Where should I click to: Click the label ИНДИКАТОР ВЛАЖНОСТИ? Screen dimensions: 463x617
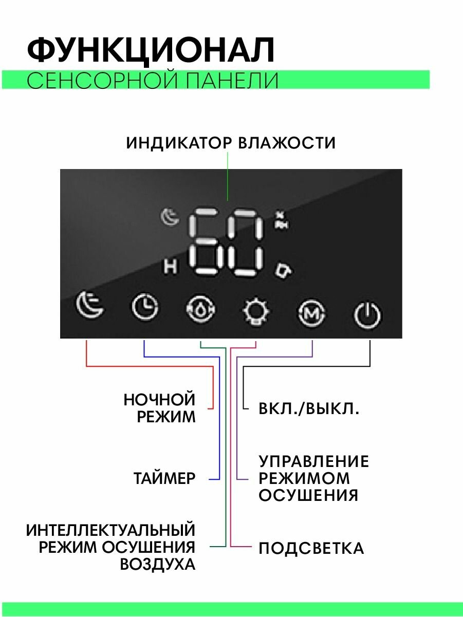(x=231, y=143)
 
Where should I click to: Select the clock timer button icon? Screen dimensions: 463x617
(x=145, y=308)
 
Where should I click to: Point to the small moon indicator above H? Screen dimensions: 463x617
(x=170, y=218)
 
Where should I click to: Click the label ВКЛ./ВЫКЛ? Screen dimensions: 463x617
(x=309, y=409)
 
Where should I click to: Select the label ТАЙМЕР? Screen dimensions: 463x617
(x=164, y=479)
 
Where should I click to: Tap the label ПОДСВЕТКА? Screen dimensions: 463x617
(x=311, y=548)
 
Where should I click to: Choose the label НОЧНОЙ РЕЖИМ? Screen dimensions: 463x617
(x=160, y=408)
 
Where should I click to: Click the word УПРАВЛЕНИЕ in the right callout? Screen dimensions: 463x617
(x=313, y=461)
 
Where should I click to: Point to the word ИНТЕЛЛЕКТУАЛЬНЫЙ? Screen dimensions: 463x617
(x=111, y=530)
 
